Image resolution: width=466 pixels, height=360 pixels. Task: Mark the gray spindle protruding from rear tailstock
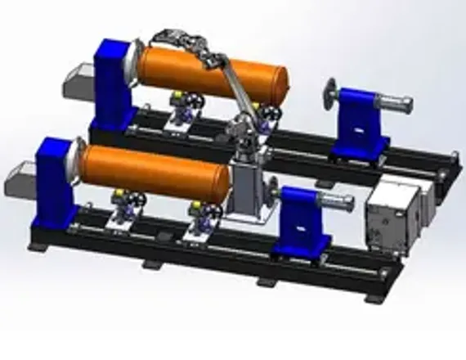click(397, 105)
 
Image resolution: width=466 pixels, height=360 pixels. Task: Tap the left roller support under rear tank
click(179, 106)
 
